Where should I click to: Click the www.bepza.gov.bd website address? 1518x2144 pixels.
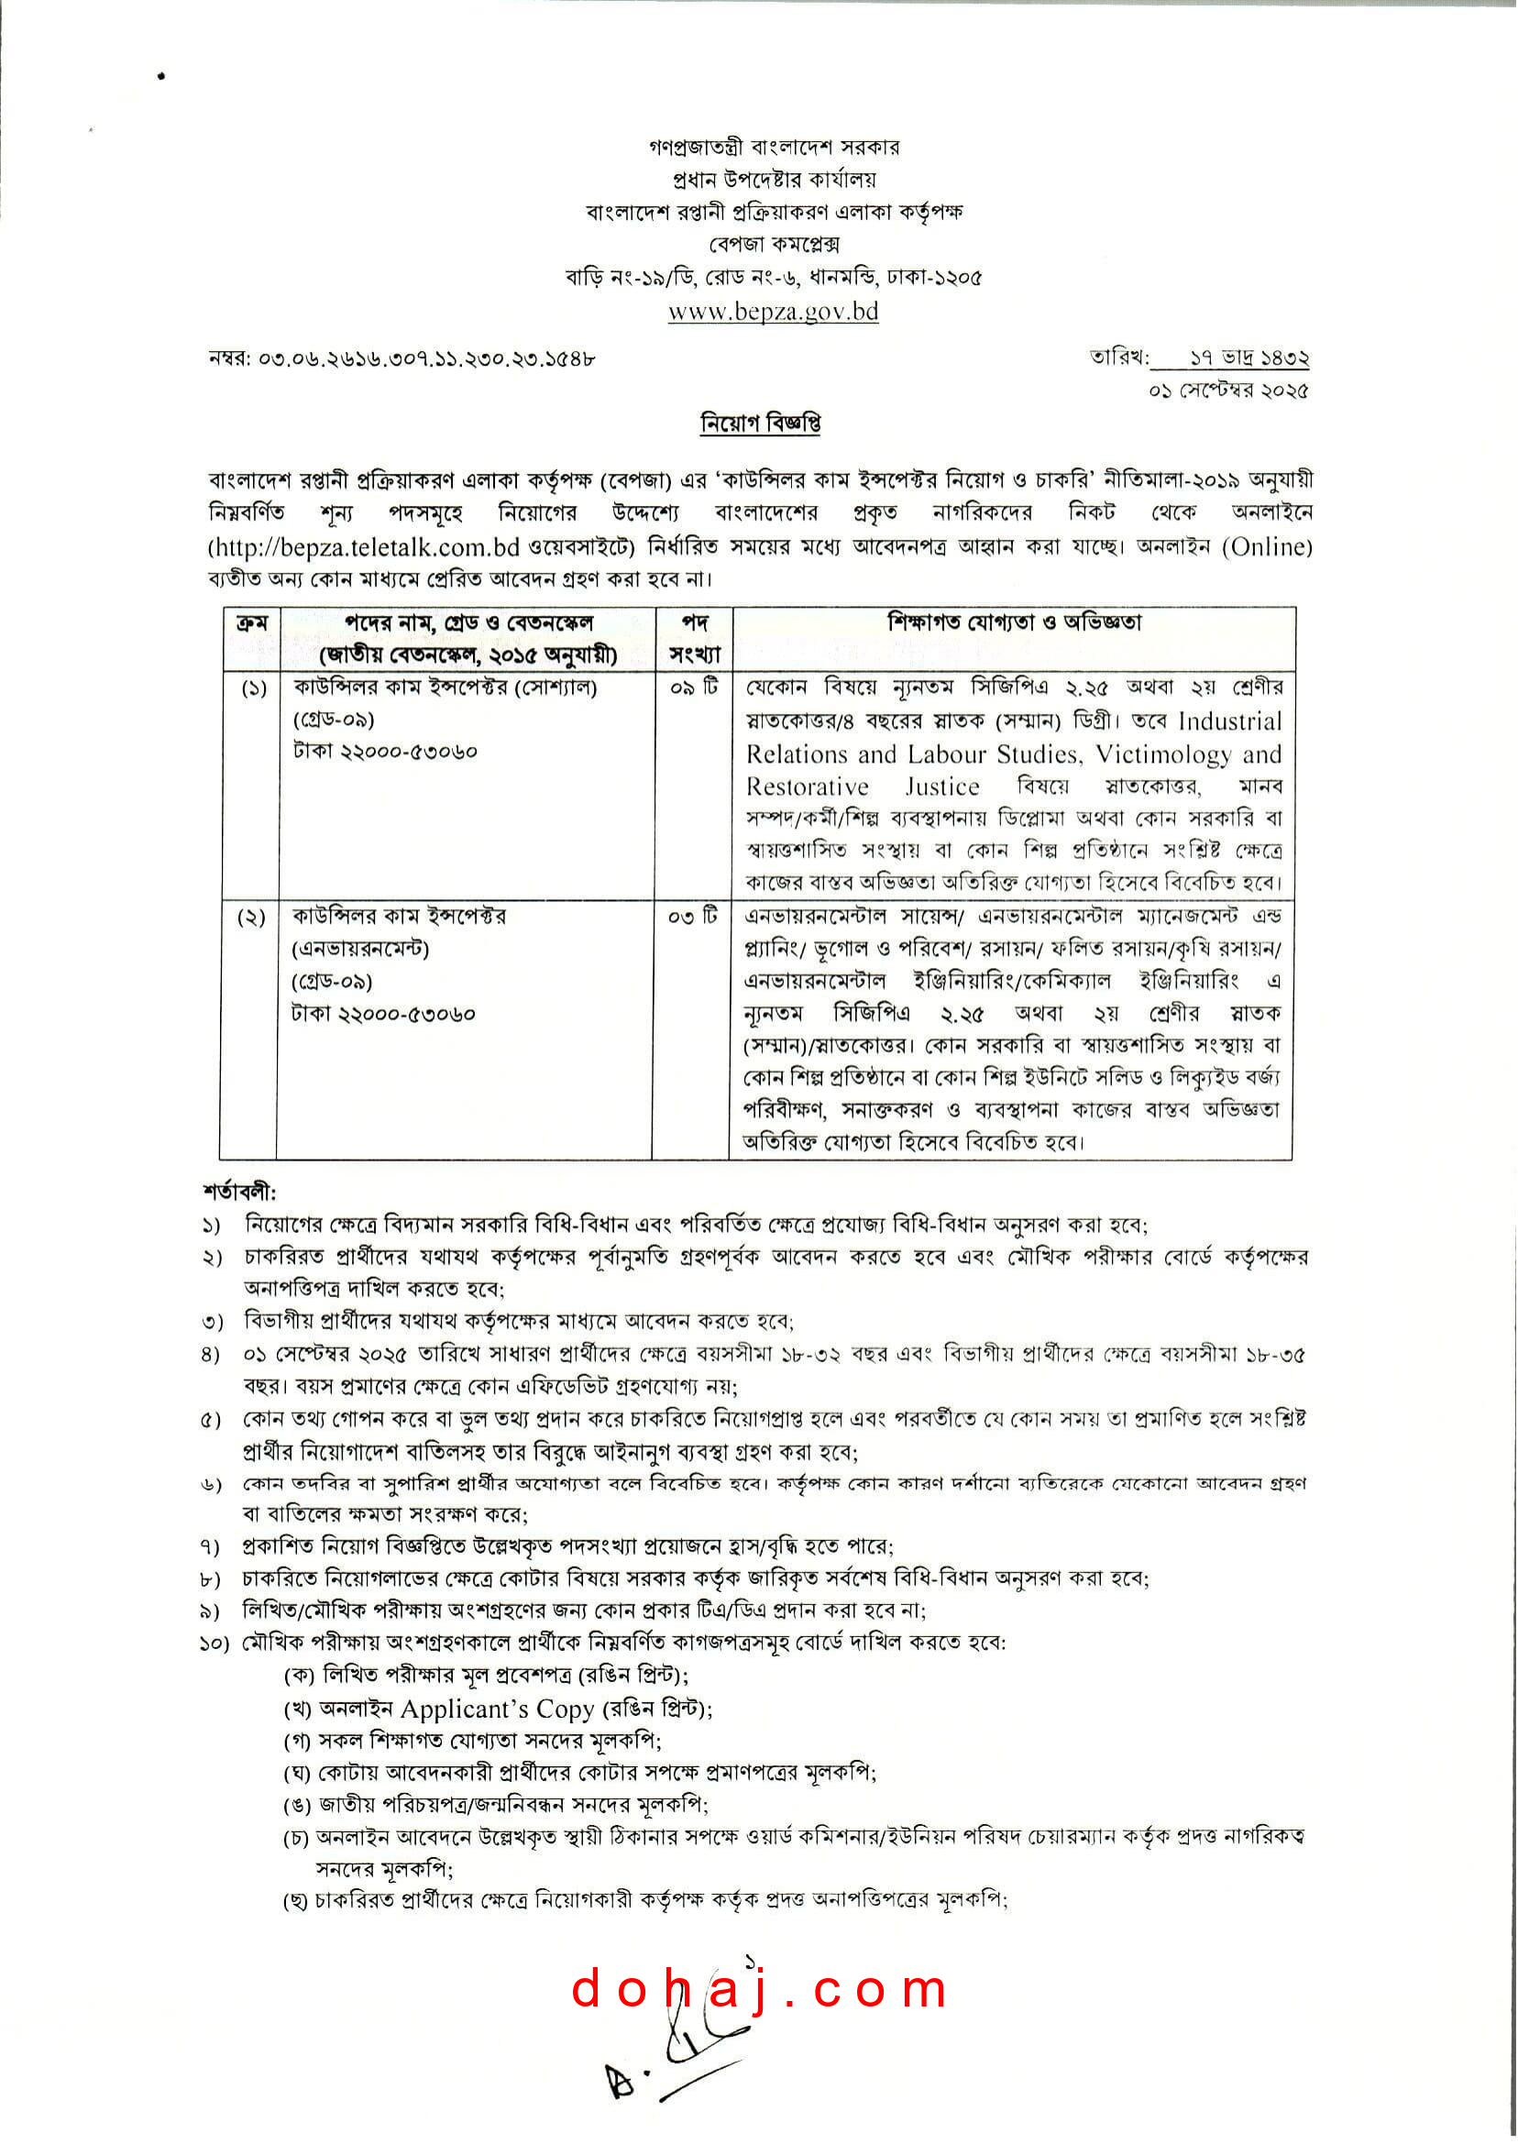[x=773, y=312]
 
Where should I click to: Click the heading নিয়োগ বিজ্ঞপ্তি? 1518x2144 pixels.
[x=760, y=423]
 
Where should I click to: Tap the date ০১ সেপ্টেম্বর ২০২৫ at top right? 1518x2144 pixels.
[x=1228, y=390]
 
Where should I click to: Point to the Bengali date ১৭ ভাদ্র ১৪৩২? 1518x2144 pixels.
[x=1248, y=358]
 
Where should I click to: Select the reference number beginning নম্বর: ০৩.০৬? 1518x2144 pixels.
[x=401, y=358]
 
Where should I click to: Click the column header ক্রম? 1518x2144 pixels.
[x=251, y=622]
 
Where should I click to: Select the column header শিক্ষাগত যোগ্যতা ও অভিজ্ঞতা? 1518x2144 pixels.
[x=1014, y=622]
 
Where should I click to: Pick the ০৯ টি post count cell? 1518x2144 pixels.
[x=693, y=687]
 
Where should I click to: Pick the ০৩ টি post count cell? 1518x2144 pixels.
[x=692, y=916]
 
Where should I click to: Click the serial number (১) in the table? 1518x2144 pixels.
[x=252, y=689]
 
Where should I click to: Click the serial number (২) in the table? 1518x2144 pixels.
[x=250, y=918]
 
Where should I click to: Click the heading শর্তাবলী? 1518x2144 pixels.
[x=239, y=1192]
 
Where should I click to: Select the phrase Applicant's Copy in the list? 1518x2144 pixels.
[x=496, y=1709]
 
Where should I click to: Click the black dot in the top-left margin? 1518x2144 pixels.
[x=160, y=77]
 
